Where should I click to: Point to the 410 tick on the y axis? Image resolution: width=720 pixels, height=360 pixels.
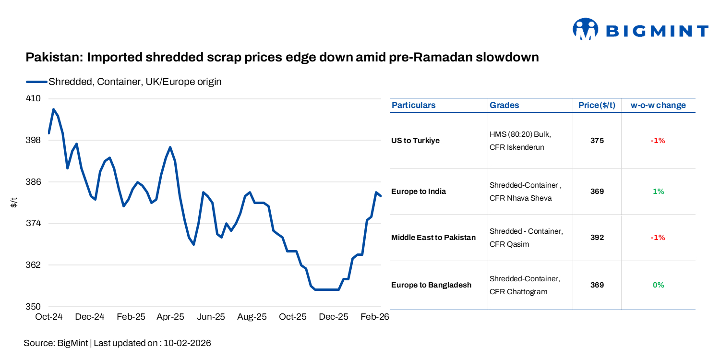[x=34, y=99]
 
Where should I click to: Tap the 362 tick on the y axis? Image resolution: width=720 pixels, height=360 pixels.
[x=34, y=265]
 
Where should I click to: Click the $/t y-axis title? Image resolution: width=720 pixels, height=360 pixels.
[x=14, y=203]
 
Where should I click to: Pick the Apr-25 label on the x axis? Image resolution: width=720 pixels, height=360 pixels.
[x=170, y=317]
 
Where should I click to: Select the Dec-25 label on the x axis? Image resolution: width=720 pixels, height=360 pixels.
[x=334, y=317]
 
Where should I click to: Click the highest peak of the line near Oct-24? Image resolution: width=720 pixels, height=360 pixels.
[x=53, y=109]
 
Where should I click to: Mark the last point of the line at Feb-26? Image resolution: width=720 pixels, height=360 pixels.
[x=381, y=196]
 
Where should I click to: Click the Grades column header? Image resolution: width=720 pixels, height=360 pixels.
[x=504, y=105]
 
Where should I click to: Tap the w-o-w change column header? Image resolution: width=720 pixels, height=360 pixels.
[x=658, y=105]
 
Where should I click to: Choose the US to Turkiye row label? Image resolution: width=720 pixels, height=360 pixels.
[x=415, y=141]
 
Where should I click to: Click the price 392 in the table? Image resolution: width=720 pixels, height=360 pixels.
[x=597, y=238]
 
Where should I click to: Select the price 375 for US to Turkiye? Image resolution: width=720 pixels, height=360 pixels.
[x=597, y=141]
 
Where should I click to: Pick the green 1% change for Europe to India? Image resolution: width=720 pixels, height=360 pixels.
[x=658, y=192]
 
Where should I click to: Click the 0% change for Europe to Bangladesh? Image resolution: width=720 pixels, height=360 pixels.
[x=658, y=285]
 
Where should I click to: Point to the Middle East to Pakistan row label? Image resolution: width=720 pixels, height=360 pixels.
[x=433, y=238]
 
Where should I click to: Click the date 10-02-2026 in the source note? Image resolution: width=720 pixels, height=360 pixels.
[x=187, y=343]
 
